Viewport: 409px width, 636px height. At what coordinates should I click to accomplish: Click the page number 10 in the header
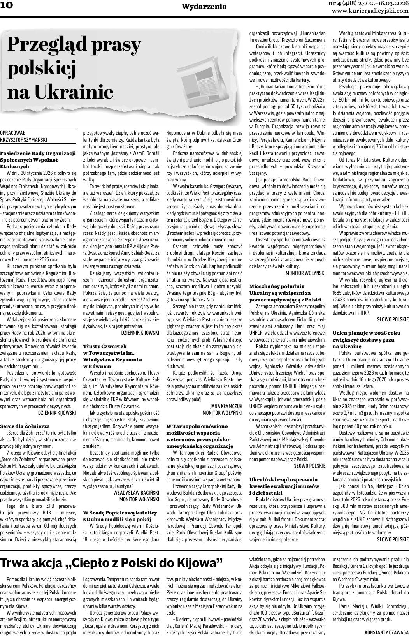(x=7, y=5)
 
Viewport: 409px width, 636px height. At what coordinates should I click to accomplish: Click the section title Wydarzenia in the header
(x=204, y=6)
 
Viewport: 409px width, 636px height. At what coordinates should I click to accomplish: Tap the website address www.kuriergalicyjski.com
(x=370, y=11)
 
